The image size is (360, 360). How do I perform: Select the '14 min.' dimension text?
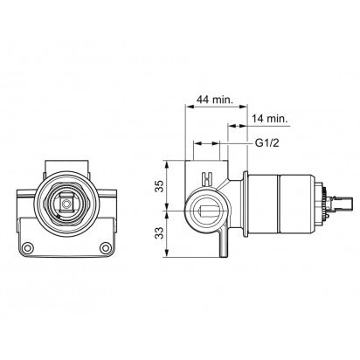(x=268, y=117)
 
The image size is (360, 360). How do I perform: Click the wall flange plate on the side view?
(x=248, y=209)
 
